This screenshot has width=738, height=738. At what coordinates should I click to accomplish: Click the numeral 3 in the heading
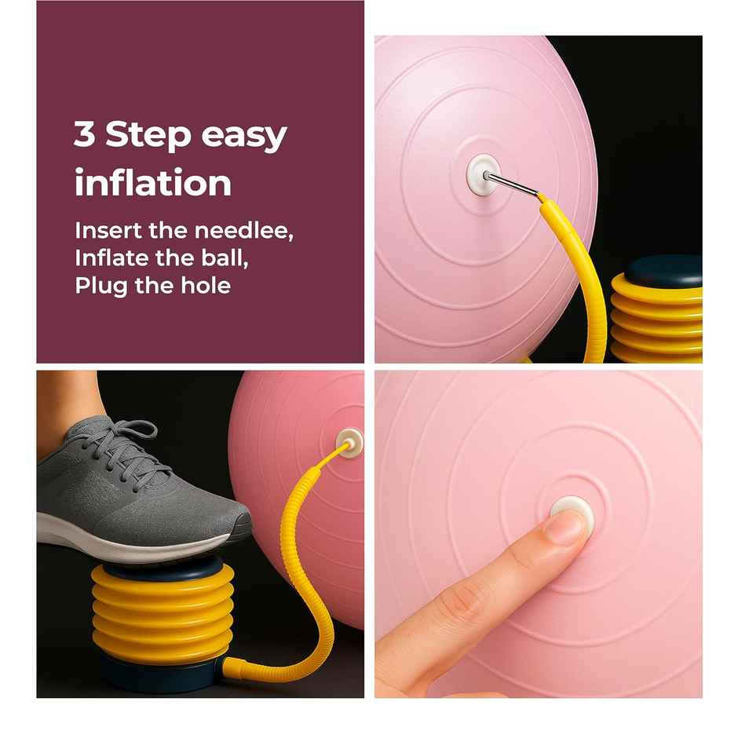85,135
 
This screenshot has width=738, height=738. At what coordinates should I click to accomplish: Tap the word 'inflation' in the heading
153,183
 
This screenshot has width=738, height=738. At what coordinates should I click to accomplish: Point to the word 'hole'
208,284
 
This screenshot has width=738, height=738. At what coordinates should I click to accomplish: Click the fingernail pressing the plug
566,526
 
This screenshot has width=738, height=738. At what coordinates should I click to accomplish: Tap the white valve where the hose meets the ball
349,441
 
